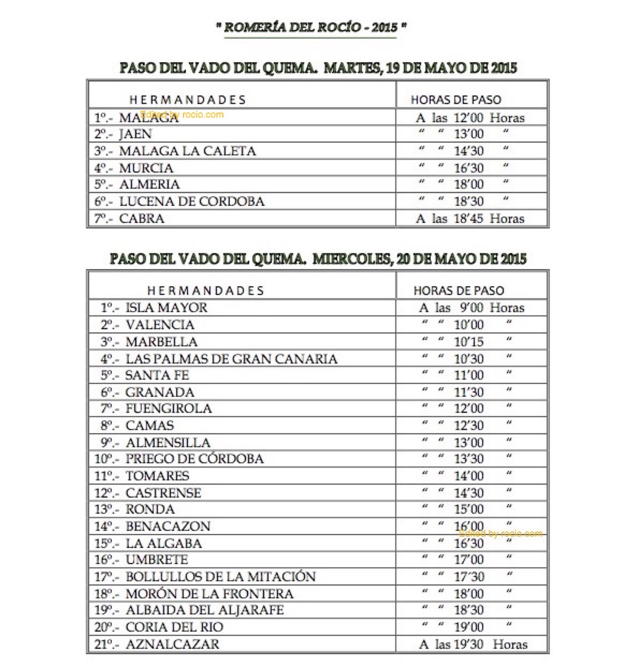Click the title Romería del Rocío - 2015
pyautogui.click(x=312, y=28)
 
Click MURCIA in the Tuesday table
pyautogui.click(x=146, y=168)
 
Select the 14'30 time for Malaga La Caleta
pyautogui.click(x=469, y=151)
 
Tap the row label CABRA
pyautogui.click(x=142, y=219)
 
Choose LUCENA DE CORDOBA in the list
pyautogui.click(x=192, y=202)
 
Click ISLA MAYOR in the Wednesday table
pyautogui.click(x=166, y=308)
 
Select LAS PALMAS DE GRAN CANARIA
pyautogui.click(x=231, y=359)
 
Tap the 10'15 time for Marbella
pyautogui.click(x=469, y=341)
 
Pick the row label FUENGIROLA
pyautogui.click(x=168, y=408)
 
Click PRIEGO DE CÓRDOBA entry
pyautogui.click(x=194, y=458)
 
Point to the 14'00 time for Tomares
pyautogui.click(x=469, y=476)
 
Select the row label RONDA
pyautogui.click(x=150, y=509)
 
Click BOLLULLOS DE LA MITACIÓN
pyautogui.click(x=220, y=577)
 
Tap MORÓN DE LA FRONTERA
pyautogui.click(x=209, y=594)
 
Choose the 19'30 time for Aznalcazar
pyautogui.click(x=469, y=644)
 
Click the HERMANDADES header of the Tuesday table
pyautogui.click(x=187, y=100)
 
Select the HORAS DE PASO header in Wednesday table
pyautogui.click(x=458, y=290)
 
